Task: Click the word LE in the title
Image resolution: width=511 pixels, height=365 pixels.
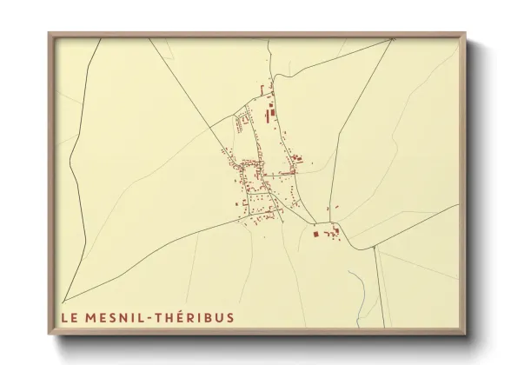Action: [69, 317]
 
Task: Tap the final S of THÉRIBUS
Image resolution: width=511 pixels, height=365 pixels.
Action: [229, 317]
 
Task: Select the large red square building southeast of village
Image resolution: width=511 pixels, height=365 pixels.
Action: [316, 233]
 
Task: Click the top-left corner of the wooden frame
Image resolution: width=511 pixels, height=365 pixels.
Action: [50, 35]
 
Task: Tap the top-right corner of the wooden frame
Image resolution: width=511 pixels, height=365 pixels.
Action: [465, 35]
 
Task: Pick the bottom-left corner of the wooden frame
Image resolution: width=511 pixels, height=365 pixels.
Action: [50, 333]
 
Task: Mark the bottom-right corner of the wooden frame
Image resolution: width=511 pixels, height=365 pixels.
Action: [465, 333]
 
